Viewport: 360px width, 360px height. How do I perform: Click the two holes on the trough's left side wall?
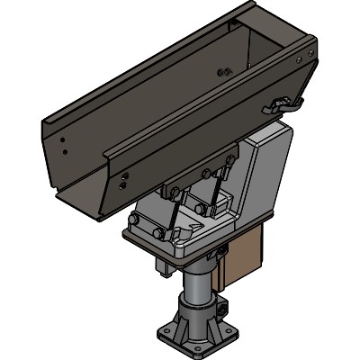pos(60,144)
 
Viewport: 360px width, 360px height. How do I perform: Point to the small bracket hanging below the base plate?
pos(166,265)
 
